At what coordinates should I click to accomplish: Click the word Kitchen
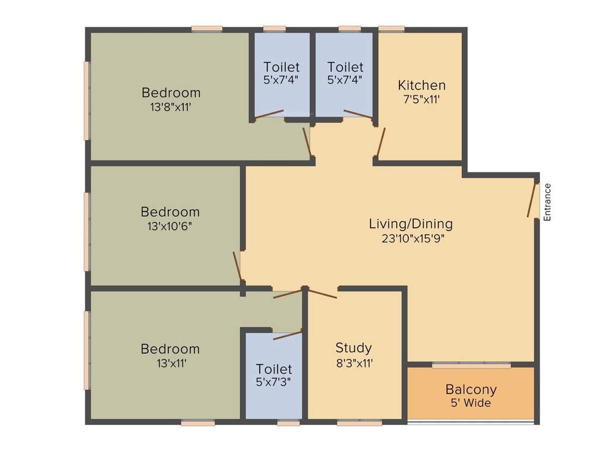tap(421, 85)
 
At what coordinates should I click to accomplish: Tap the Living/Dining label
tap(411, 224)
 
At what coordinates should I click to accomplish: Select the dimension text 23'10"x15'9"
tap(413, 239)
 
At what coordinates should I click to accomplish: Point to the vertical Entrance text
tap(547, 203)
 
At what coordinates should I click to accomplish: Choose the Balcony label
tap(471, 390)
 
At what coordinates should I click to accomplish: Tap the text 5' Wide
tap(471, 403)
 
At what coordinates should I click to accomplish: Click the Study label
tap(353, 348)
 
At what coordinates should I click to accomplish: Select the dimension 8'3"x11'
tap(353, 363)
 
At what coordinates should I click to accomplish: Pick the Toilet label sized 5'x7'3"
tap(274, 369)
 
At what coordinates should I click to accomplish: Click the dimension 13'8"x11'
tap(171, 107)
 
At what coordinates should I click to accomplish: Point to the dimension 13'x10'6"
tap(170, 226)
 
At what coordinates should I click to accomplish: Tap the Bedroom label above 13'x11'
tap(170, 349)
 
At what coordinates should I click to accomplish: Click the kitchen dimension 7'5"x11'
tap(421, 100)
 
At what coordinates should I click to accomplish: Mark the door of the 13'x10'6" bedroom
tap(238, 267)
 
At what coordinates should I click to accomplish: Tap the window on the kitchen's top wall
tap(391, 28)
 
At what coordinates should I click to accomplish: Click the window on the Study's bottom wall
tap(359, 423)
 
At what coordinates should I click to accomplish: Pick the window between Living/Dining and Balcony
tap(471, 366)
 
